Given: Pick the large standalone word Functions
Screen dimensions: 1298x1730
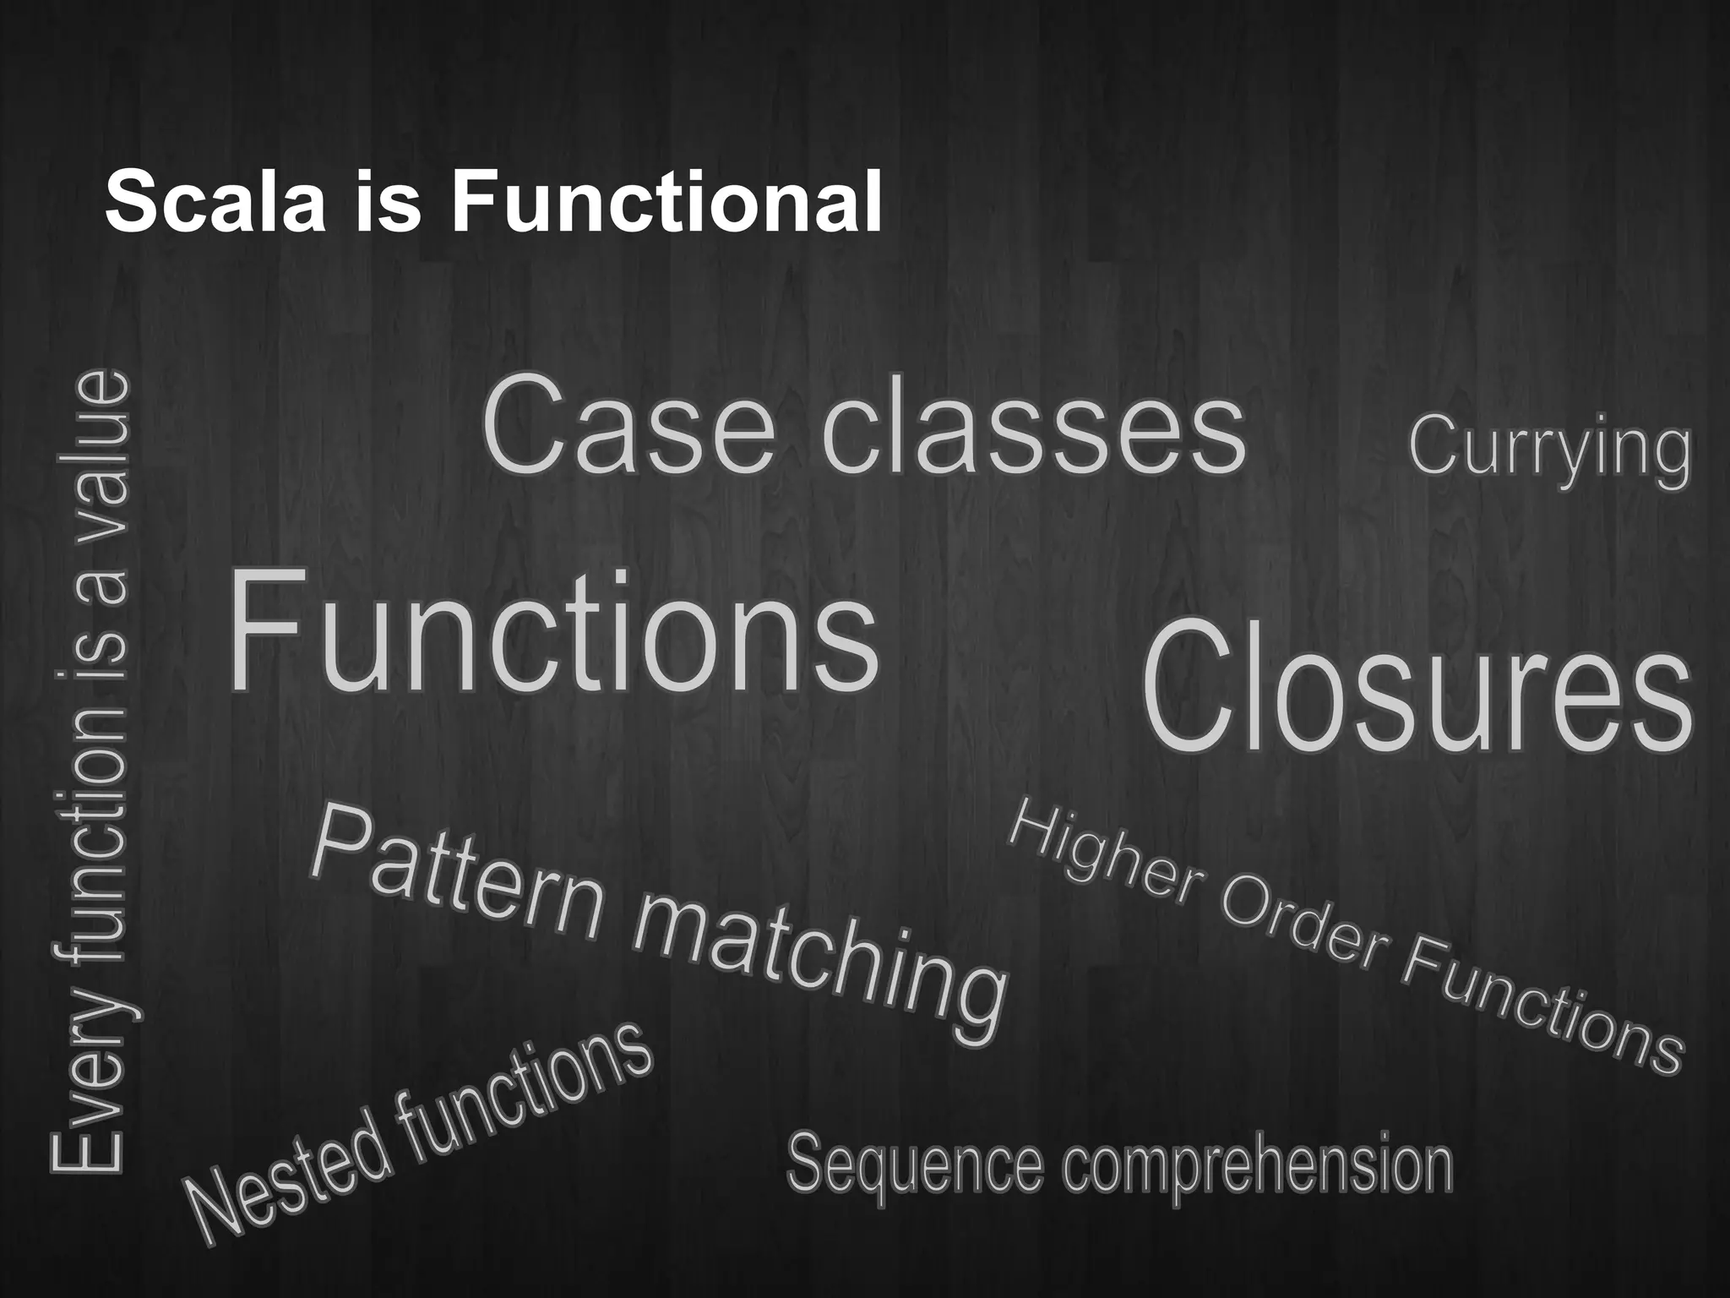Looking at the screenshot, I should (x=553, y=632).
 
